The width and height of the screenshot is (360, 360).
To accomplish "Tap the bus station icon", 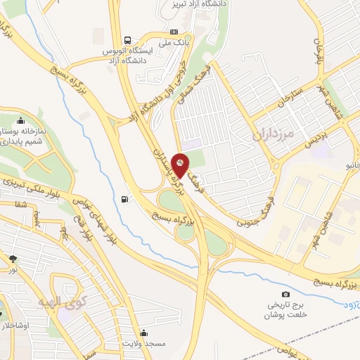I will [x=127, y=40].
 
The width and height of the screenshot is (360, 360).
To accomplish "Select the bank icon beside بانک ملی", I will [x=175, y=32].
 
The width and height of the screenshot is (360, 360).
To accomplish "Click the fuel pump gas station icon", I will [x=125, y=199].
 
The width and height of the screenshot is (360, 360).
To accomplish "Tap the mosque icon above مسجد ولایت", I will [x=144, y=333].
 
